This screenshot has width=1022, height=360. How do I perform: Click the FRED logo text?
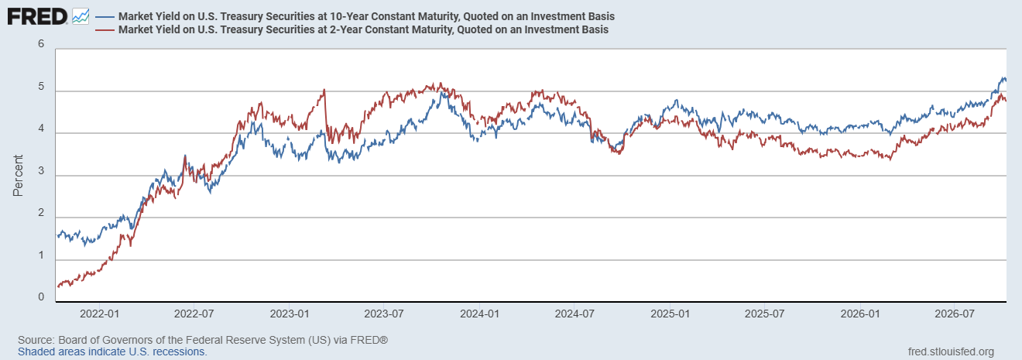click(37, 17)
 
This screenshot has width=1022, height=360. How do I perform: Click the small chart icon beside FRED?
click(81, 17)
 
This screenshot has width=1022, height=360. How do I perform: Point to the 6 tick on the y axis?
click(41, 44)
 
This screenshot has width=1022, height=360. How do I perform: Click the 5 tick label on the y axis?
click(41, 87)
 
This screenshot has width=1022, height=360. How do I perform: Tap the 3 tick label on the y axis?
click(41, 171)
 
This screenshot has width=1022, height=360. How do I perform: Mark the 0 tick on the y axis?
click(41, 297)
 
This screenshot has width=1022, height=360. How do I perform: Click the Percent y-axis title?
click(18, 176)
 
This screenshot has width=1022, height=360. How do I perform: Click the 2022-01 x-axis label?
click(99, 314)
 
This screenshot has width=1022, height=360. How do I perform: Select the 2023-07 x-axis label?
click(384, 314)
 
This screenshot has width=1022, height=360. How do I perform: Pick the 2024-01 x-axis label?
click(479, 314)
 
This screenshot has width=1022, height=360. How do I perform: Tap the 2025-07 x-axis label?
click(765, 314)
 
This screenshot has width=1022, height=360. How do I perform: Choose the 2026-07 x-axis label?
click(955, 314)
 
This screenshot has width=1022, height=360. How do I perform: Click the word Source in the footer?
click(35, 340)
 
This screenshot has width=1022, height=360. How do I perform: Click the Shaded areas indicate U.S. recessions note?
click(112, 351)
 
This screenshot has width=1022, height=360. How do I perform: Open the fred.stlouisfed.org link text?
click(951, 351)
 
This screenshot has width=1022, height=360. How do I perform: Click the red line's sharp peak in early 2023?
click(324, 90)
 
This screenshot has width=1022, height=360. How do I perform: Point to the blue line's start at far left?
click(57, 235)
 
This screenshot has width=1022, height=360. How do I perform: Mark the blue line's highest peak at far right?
click(1000, 78)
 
